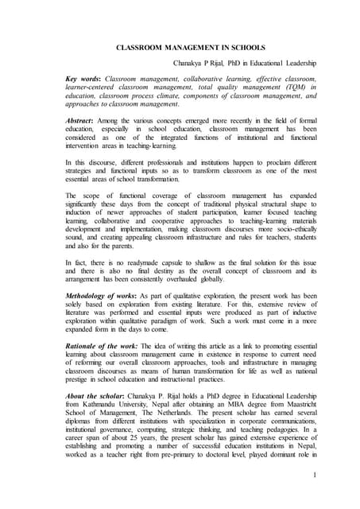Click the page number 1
315,476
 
